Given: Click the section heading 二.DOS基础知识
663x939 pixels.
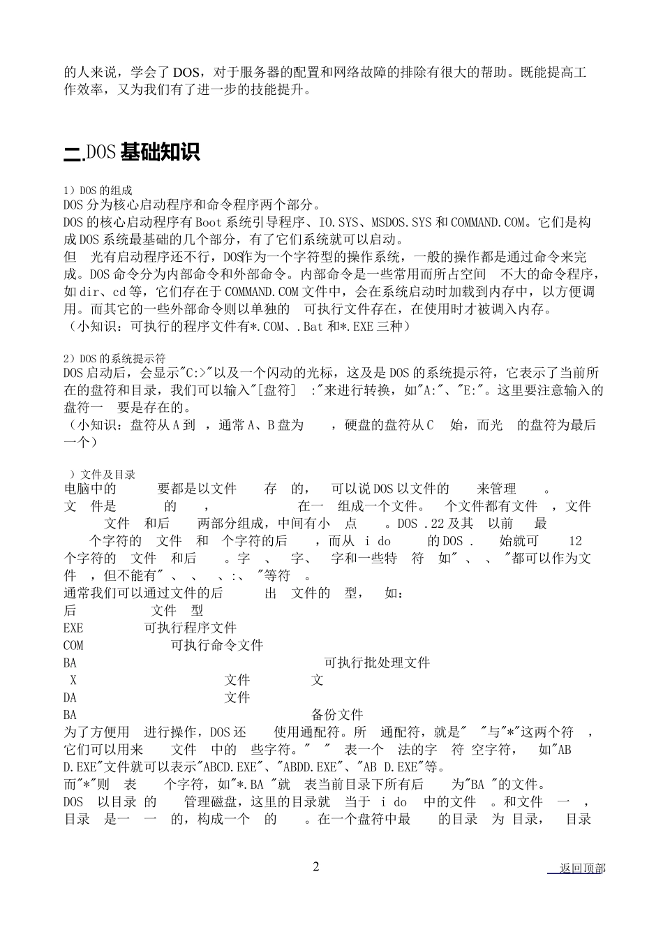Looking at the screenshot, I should pos(132,152).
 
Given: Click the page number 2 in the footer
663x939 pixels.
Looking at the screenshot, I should pos(316,867).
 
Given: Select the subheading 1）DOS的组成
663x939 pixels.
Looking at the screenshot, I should pos(98,190).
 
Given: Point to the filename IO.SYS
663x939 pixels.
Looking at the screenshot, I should pos(337,223).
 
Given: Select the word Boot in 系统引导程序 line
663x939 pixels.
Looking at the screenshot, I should pos(208,223).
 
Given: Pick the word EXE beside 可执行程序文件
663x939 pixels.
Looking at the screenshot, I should pos(73,628).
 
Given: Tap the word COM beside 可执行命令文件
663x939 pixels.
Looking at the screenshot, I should pos(73,646).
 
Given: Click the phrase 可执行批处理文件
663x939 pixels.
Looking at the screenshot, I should pos(377,663).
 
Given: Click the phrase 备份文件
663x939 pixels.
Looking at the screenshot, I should pos(337,715).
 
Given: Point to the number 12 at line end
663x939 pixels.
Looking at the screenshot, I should pos(575,541).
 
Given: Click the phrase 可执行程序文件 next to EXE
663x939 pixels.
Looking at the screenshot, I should pos(191,628).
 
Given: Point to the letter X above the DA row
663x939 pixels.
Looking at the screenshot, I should pos(73,680).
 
